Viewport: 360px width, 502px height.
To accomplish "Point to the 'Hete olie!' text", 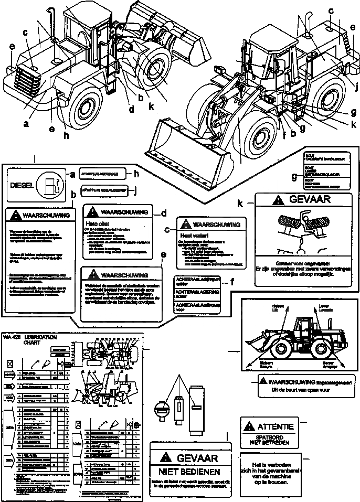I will coord(94,222).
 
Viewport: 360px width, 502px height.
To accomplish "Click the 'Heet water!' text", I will coord(190,235).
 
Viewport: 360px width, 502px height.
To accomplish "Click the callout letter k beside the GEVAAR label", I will coord(239,202).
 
